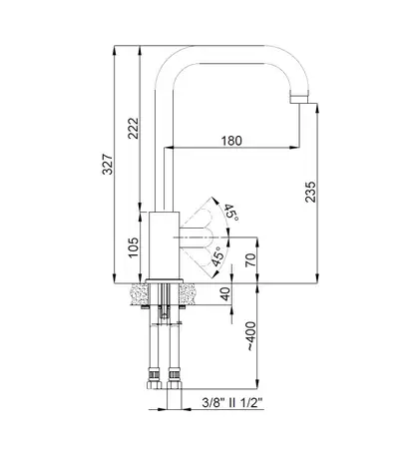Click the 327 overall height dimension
click(108, 164)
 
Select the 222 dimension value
click(134, 128)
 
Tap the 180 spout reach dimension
click(231, 141)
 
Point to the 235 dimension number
click(310, 192)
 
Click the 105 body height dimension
click(134, 247)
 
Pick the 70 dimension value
click(250, 259)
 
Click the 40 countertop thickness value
click(225, 293)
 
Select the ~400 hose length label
click(251, 336)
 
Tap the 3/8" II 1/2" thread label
click(232, 403)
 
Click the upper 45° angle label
click(231, 213)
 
